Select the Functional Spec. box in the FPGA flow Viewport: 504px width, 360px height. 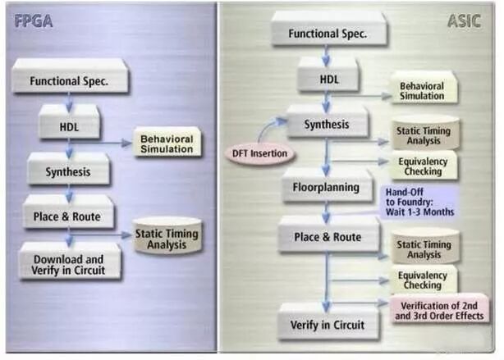(x=69, y=81)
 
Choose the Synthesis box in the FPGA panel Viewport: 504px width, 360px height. (x=68, y=172)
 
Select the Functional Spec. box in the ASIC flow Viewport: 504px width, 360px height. (x=324, y=34)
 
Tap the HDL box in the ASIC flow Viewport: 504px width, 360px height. (x=326, y=80)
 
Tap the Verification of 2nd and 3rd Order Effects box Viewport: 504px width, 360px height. (x=440, y=311)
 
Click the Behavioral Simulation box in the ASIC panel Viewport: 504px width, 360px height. (x=421, y=91)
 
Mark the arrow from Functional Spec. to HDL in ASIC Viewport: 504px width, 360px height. (x=326, y=56)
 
